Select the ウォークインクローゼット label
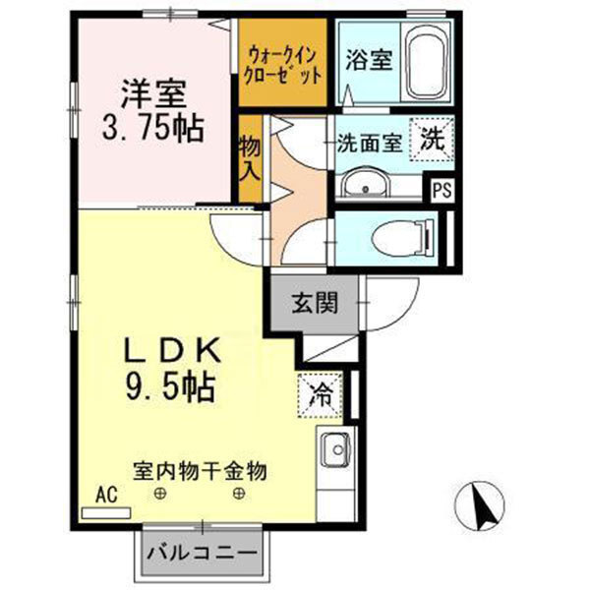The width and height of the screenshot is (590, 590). click(x=283, y=62)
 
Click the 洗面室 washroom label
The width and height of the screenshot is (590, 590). click(x=369, y=142)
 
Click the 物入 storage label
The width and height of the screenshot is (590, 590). click(x=250, y=158)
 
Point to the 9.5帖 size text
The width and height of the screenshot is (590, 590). click(x=168, y=385)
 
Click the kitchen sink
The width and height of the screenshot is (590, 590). click(x=334, y=449)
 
